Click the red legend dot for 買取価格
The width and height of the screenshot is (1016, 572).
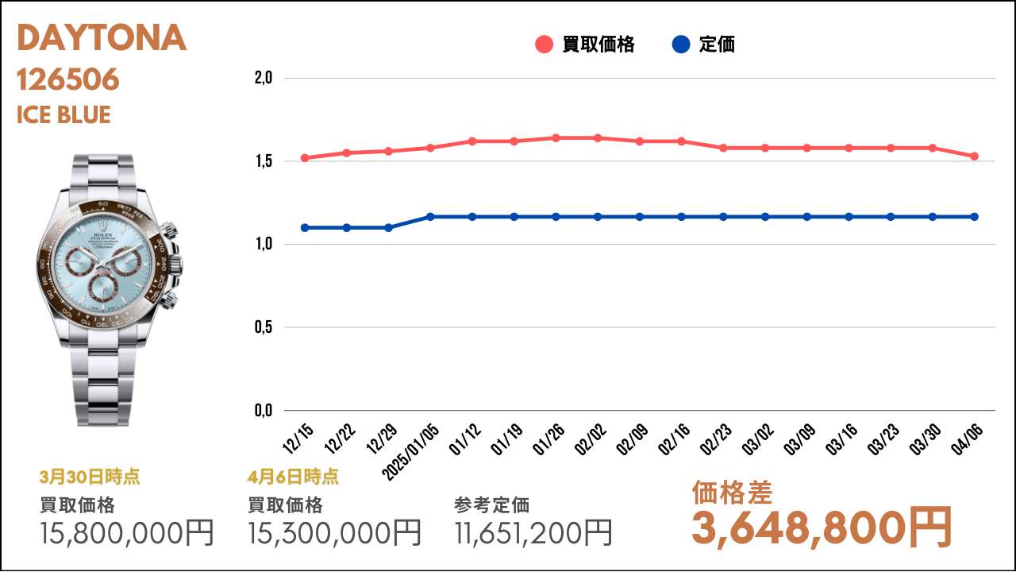544,44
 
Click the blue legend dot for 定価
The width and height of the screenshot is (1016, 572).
681,44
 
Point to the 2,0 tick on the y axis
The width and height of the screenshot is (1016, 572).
263,78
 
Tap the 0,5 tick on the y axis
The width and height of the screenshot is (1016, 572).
263,327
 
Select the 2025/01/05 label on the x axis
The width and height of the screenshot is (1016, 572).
411,452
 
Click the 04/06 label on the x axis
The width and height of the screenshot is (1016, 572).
967,439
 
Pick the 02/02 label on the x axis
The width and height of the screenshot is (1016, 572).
590,439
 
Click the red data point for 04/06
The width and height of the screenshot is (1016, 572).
974,157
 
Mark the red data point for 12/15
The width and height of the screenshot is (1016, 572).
305,158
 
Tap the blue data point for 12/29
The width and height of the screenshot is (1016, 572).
388,227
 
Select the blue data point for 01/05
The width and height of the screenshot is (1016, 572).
430,217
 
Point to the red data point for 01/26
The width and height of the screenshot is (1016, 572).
556,138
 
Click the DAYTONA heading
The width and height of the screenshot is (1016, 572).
102,37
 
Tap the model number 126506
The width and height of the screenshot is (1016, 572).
68,79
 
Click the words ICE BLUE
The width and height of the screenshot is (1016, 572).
63,114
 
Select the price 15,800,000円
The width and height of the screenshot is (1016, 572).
126,532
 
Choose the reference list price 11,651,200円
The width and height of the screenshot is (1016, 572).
533,532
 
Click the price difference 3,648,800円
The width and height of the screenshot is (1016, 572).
822,528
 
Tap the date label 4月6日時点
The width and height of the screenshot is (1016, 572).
293,477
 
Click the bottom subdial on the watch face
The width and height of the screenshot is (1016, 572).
103,288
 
